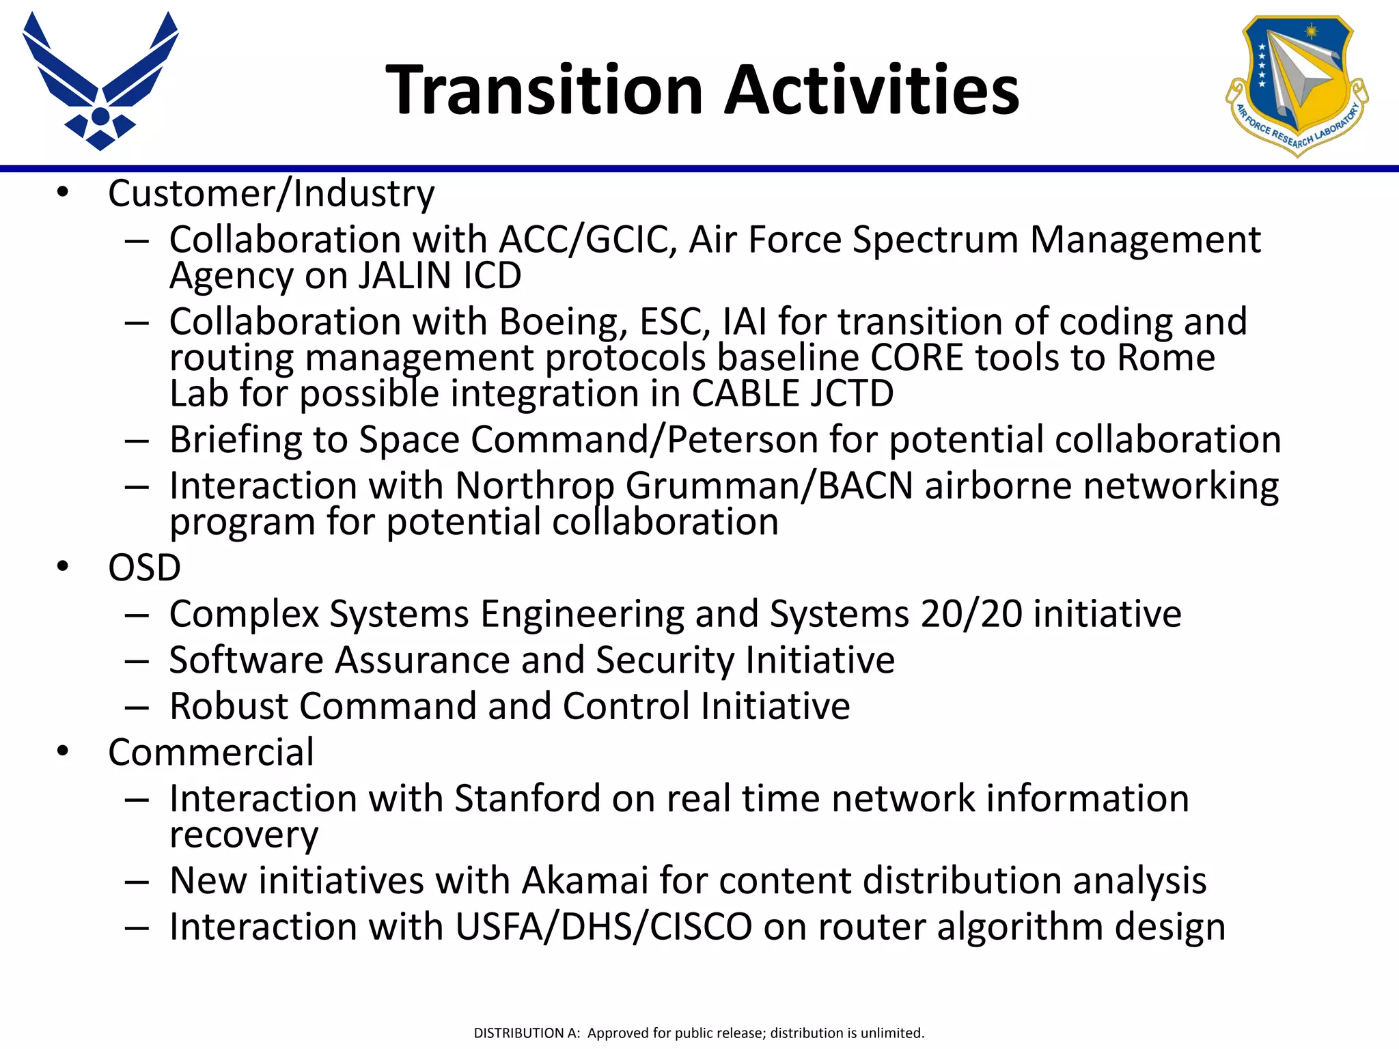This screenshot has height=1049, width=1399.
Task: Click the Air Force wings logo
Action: click(x=100, y=81)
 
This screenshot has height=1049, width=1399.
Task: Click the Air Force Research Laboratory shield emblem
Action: click(x=1297, y=85)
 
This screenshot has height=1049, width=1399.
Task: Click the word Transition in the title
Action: click(x=544, y=90)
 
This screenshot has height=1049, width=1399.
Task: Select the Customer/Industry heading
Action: click(x=271, y=193)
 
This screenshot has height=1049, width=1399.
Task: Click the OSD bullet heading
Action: click(x=144, y=568)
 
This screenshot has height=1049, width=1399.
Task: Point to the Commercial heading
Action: click(x=211, y=752)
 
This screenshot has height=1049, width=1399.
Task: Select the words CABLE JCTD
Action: click(x=792, y=394)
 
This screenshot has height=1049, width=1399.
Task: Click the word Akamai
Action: click(x=585, y=880)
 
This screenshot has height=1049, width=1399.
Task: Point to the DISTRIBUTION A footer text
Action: click(x=699, y=1033)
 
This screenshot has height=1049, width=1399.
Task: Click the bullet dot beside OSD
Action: click(x=64, y=567)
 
